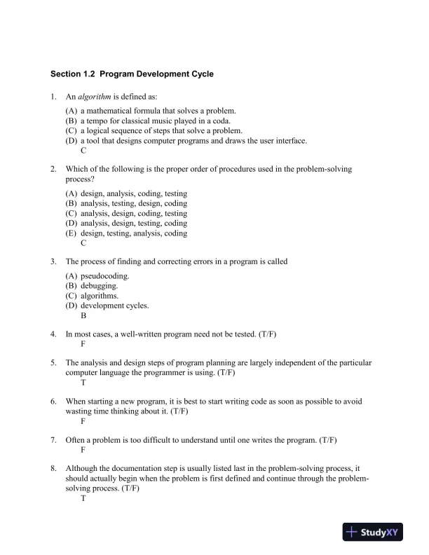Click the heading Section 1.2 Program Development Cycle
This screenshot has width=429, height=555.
tap(132, 74)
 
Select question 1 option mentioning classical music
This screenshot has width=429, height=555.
tap(158, 121)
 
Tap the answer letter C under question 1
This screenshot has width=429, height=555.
tap(83, 150)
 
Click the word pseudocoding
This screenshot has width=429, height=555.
tap(105, 276)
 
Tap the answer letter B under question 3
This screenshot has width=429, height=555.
tap(83, 315)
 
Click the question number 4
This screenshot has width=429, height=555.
tap(53, 334)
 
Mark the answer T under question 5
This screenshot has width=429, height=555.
tap(83, 383)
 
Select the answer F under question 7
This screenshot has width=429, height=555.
tap(83, 450)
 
